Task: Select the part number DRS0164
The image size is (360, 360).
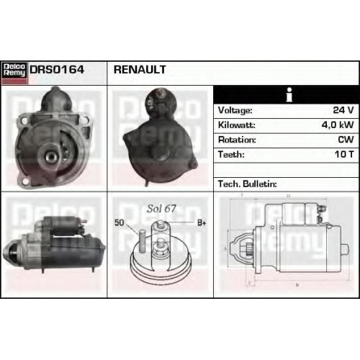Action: [57, 70]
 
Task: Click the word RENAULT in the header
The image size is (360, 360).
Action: [140, 70]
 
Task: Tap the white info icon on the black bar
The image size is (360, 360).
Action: [289, 94]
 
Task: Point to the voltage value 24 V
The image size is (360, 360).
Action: [343, 110]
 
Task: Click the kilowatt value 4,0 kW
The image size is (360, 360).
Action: [338, 125]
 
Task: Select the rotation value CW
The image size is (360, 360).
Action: [346, 140]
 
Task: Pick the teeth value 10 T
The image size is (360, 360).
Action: [344, 154]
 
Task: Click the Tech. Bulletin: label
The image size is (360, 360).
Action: [248, 184]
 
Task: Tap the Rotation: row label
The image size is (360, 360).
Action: [237, 140]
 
